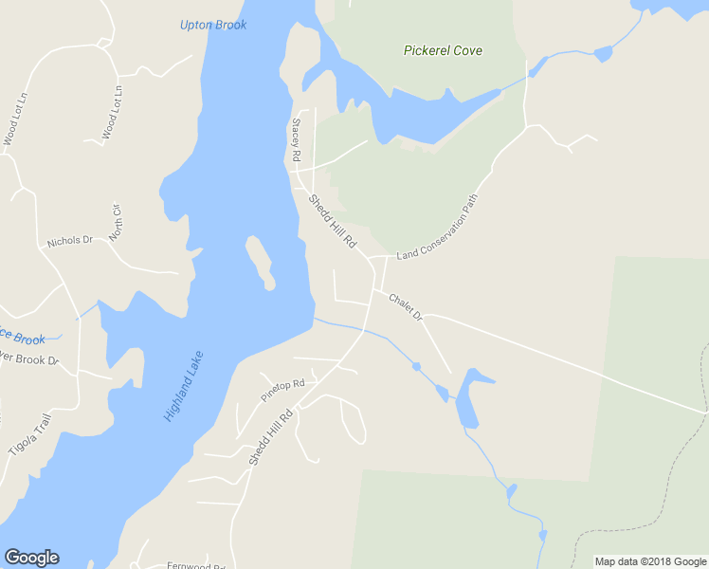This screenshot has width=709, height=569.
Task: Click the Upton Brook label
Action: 213,25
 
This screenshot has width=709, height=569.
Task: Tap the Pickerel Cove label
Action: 442,50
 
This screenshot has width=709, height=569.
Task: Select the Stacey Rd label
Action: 296,139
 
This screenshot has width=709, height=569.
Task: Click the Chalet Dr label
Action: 405,305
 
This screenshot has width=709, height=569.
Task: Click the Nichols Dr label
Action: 69,242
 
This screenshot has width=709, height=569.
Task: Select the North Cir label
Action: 117,222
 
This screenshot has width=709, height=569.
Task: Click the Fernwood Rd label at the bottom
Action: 196,566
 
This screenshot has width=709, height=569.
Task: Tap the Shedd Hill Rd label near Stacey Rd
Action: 332,223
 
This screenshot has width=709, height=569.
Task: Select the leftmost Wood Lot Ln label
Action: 12,119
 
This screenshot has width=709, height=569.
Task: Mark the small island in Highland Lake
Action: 260,264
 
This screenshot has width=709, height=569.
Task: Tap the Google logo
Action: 31,558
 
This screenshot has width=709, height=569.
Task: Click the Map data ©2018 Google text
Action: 650,561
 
